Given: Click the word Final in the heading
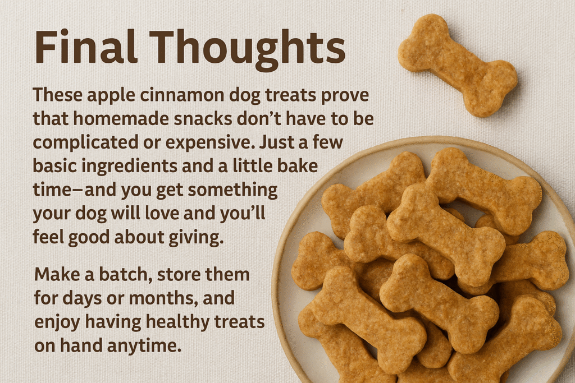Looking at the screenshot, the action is [x=86, y=47].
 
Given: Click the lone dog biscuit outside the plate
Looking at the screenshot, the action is [x=458, y=65].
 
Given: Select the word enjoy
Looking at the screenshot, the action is [x=57, y=323].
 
